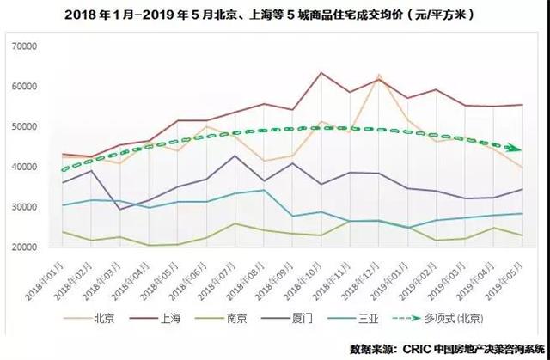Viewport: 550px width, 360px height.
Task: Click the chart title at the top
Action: click(274, 15)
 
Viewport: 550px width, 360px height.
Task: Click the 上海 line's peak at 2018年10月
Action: click(321, 73)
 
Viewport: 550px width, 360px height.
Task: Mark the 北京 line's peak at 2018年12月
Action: click(379, 76)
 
